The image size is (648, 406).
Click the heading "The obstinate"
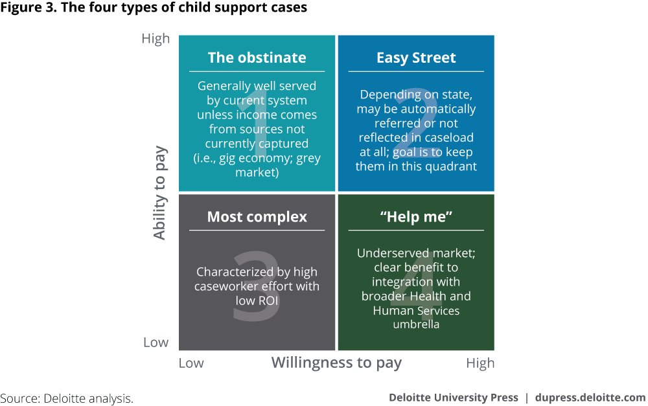point(257,58)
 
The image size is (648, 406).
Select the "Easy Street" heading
point(416,58)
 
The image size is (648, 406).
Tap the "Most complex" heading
point(257,217)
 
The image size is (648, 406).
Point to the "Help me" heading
point(416,217)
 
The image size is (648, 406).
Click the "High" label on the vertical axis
point(156,39)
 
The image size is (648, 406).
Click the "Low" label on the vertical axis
point(156,343)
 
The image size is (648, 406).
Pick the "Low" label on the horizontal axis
point(191,363)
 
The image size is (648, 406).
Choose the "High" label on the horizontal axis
point(480,363)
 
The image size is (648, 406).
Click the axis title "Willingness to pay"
point(336,363)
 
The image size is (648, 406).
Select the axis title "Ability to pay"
point(160,193)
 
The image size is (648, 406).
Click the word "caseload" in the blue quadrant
point(447,137)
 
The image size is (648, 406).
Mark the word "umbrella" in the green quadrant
point(416,324)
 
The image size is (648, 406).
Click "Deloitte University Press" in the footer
point(454,398)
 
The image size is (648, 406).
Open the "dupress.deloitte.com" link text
point(590,398)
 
